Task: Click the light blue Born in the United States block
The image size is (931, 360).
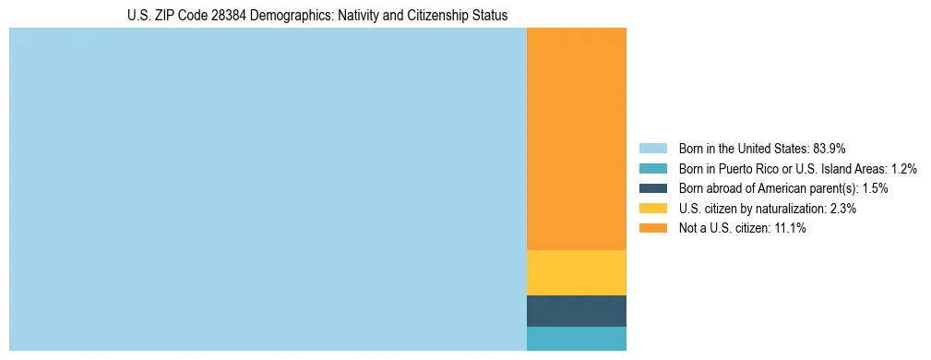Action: click(268, 189)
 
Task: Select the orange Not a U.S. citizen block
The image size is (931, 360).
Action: click(576, 138)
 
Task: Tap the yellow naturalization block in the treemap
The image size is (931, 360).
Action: click(576, 272)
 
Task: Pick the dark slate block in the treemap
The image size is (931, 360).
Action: click(576, 311)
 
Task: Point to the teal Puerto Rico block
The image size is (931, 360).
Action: click(576, 339)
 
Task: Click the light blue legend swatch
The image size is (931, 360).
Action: click(652, 148)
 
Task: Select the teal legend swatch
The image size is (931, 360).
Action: click(652, 168)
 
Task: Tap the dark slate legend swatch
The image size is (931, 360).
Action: click(652, 188)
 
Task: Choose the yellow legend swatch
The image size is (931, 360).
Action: click(652, 209)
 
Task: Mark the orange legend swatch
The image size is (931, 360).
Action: click(652, 229)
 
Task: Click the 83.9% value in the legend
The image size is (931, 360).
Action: click(830, 148)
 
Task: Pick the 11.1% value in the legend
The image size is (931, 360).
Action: click(790, 229)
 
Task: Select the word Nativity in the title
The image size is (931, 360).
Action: click(348, 16)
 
